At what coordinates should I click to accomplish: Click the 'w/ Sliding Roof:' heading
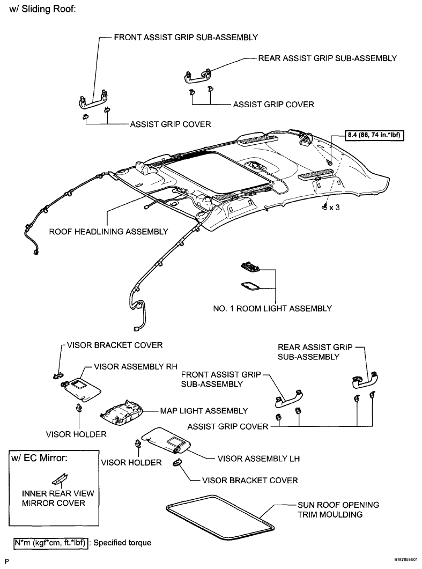pos(42,9)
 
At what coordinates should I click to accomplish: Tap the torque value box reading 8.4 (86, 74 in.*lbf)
pos(374,135)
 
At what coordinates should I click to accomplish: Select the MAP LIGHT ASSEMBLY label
pos(204,411)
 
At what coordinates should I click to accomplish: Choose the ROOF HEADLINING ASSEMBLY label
pos(108,232)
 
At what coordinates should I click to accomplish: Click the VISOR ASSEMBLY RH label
pos(136,366)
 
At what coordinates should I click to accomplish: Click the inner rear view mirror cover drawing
pos(60,479)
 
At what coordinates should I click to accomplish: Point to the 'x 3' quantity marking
pos(334,208)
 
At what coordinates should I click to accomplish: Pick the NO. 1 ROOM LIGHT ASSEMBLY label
pos(272,308)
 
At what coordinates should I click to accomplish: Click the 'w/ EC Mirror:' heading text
pos(39,458)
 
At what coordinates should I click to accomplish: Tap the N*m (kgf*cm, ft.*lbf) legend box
pos(51,543)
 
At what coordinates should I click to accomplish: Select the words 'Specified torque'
pos(122,543)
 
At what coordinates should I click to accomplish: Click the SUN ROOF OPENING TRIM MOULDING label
pos(338,509)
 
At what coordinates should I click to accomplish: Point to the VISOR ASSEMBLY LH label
pos(258,459)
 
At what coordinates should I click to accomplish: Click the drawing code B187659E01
pos(406,559)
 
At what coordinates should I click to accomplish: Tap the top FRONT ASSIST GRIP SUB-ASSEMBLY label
pos(186,38)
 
